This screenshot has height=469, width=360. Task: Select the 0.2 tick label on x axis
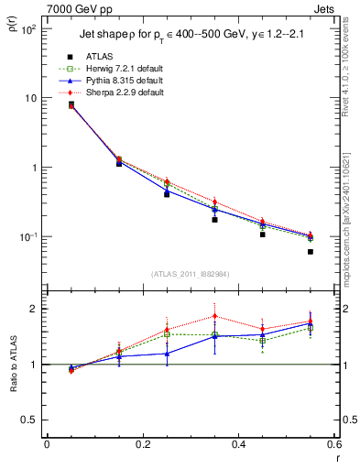tap(142, 444)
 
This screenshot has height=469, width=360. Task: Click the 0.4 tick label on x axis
tap(238, 444)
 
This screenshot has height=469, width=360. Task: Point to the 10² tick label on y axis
tap(27, 29)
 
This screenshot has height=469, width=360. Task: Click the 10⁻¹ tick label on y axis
tap(27, 237)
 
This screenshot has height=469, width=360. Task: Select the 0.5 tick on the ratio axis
tap(30, 420)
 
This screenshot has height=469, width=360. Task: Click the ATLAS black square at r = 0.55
tap(311, 252)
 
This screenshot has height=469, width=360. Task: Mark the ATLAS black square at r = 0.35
tap(214, 220)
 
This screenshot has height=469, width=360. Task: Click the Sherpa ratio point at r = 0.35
tap(214, 316)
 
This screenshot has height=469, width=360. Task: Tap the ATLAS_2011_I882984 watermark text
tap(190, 273)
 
